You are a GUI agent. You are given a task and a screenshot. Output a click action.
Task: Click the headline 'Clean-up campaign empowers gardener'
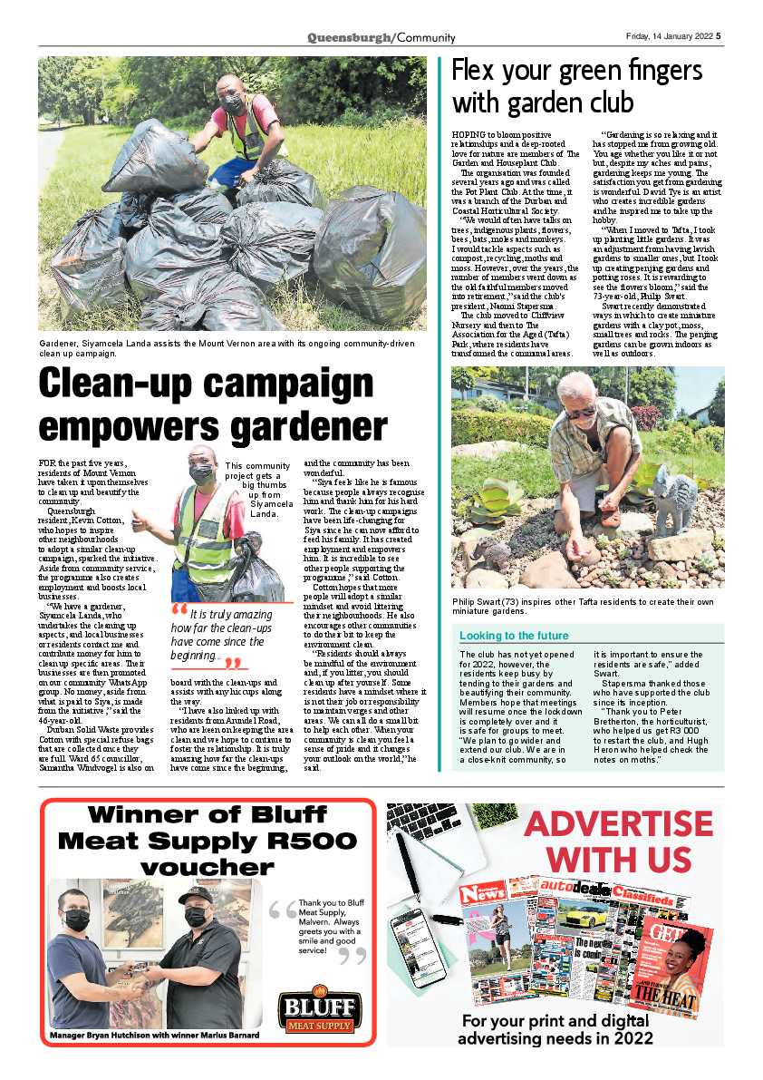[213, 405]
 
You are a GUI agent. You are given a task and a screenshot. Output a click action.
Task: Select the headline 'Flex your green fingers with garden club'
[577, 84]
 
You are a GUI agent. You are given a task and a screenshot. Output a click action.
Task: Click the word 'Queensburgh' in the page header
[349, 37]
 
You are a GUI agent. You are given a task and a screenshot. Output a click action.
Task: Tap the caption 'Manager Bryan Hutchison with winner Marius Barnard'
[154, 1035]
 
